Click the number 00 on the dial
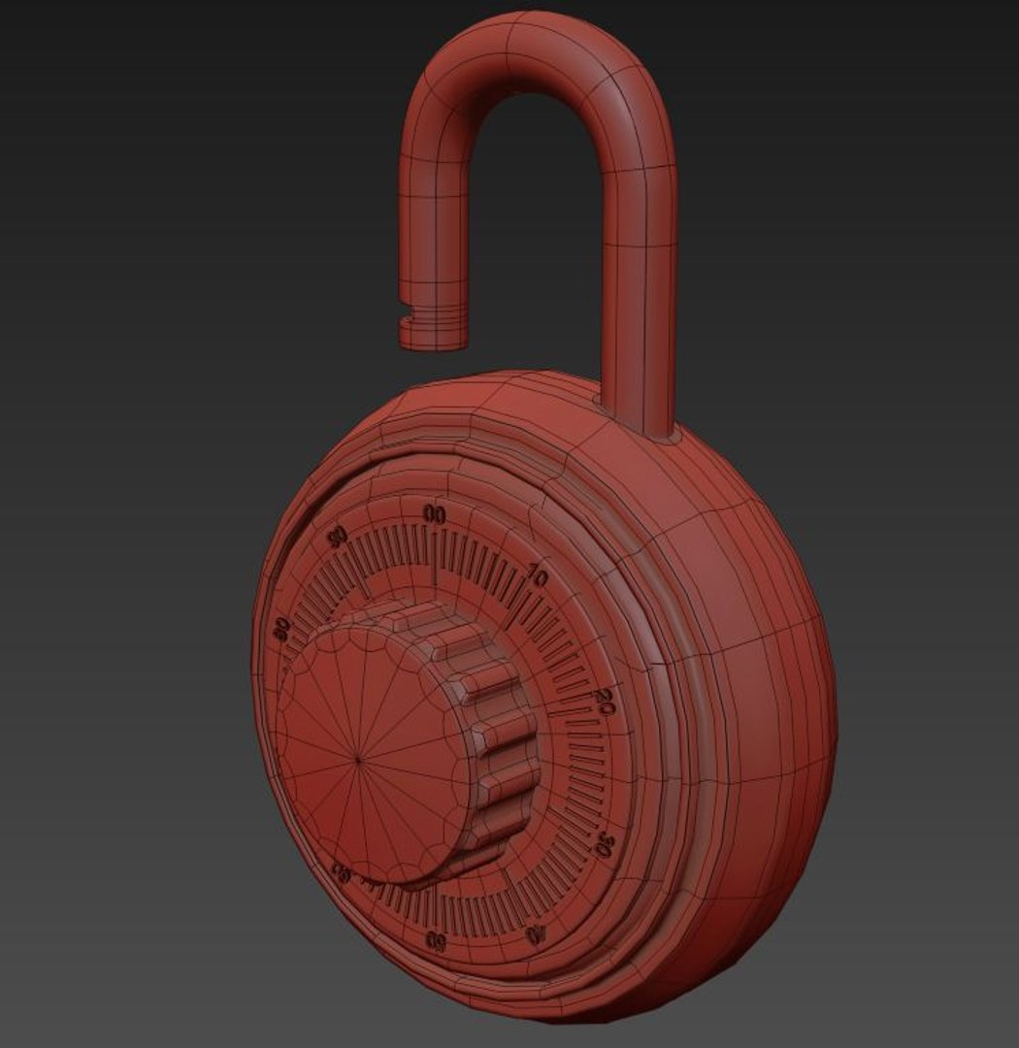[x=434, y=515]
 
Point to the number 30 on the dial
[x=604, y=843]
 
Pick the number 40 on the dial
[x=536, y=933]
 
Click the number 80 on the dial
[x=282, y=628]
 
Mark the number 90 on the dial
[x=338, y=537]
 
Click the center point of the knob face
[x=358, y=760]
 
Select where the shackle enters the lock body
[x=641, y=427]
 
